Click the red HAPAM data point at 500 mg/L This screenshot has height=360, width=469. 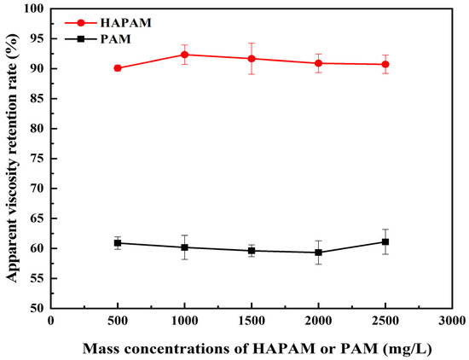pos(118,68)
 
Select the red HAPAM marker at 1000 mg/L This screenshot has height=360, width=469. pos(184,55)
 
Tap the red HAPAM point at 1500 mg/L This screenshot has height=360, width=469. pos(252,58)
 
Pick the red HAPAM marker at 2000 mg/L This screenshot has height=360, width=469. pos(318,63)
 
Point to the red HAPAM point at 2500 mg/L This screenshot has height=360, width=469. pos(385,64)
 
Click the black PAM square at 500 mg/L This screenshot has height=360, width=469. pos(118,243)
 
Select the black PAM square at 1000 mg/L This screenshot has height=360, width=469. pos(184,247)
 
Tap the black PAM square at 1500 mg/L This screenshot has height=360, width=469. pos(252,251)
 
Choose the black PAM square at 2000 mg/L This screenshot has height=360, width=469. pos(318,253)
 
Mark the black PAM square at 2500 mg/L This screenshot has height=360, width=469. pos(385,241)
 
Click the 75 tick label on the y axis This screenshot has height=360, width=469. pos(37,159)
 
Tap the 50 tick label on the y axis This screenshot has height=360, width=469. pos(37,308)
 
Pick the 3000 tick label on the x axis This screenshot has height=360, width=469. pos(451,322)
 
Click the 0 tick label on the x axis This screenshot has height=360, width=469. pos(51,322)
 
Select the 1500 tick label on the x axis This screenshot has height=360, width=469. pos(252,322)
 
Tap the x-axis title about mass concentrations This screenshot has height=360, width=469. pos(252,347)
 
